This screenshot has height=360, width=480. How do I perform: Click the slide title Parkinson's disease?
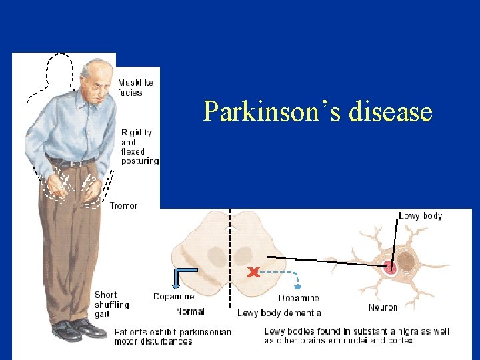317,111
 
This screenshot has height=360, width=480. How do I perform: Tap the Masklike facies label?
135,88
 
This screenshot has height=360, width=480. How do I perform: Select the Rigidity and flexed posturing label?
140,147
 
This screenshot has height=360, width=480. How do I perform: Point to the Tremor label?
123,206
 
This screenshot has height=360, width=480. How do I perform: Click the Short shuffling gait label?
112,304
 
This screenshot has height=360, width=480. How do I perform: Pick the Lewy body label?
420,216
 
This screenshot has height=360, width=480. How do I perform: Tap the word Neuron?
383,307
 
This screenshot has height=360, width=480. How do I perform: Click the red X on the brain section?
253,272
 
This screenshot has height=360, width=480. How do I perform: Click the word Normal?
190,311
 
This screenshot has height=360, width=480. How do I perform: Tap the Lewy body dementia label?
279,313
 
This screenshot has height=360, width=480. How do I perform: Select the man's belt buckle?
75,163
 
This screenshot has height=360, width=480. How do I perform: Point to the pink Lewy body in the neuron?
391,268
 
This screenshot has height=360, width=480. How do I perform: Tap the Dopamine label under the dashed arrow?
298,298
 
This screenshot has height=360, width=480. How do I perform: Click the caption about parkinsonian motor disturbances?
173,337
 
